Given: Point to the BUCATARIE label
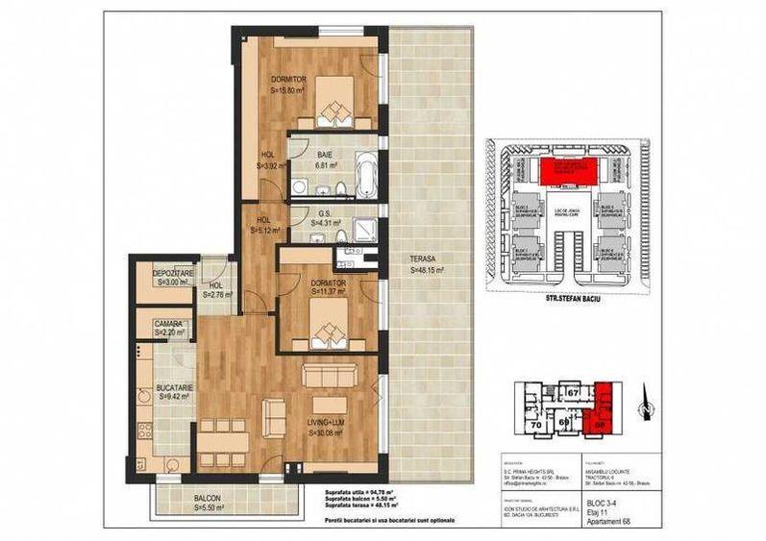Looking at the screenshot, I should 175,390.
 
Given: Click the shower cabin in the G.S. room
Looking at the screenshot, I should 366,227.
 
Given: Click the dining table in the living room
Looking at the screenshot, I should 224,443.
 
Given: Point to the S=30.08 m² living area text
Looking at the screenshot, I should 329,433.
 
